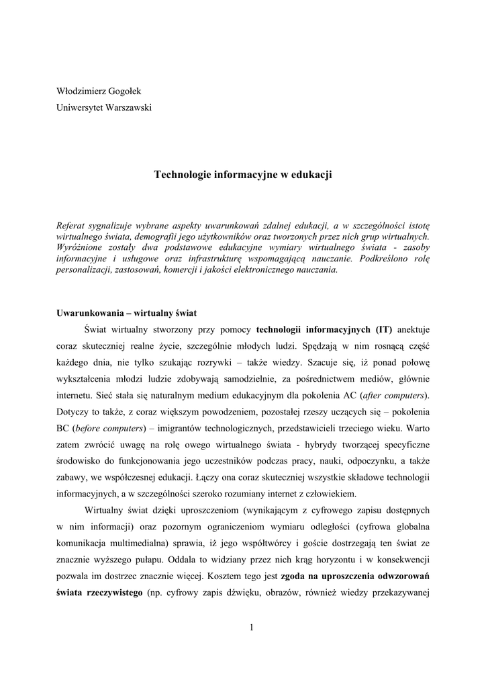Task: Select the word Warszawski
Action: (127, 107)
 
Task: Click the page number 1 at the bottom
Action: (251, 628)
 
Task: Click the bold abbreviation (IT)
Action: (381, 329)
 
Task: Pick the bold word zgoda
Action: (296, 575)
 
